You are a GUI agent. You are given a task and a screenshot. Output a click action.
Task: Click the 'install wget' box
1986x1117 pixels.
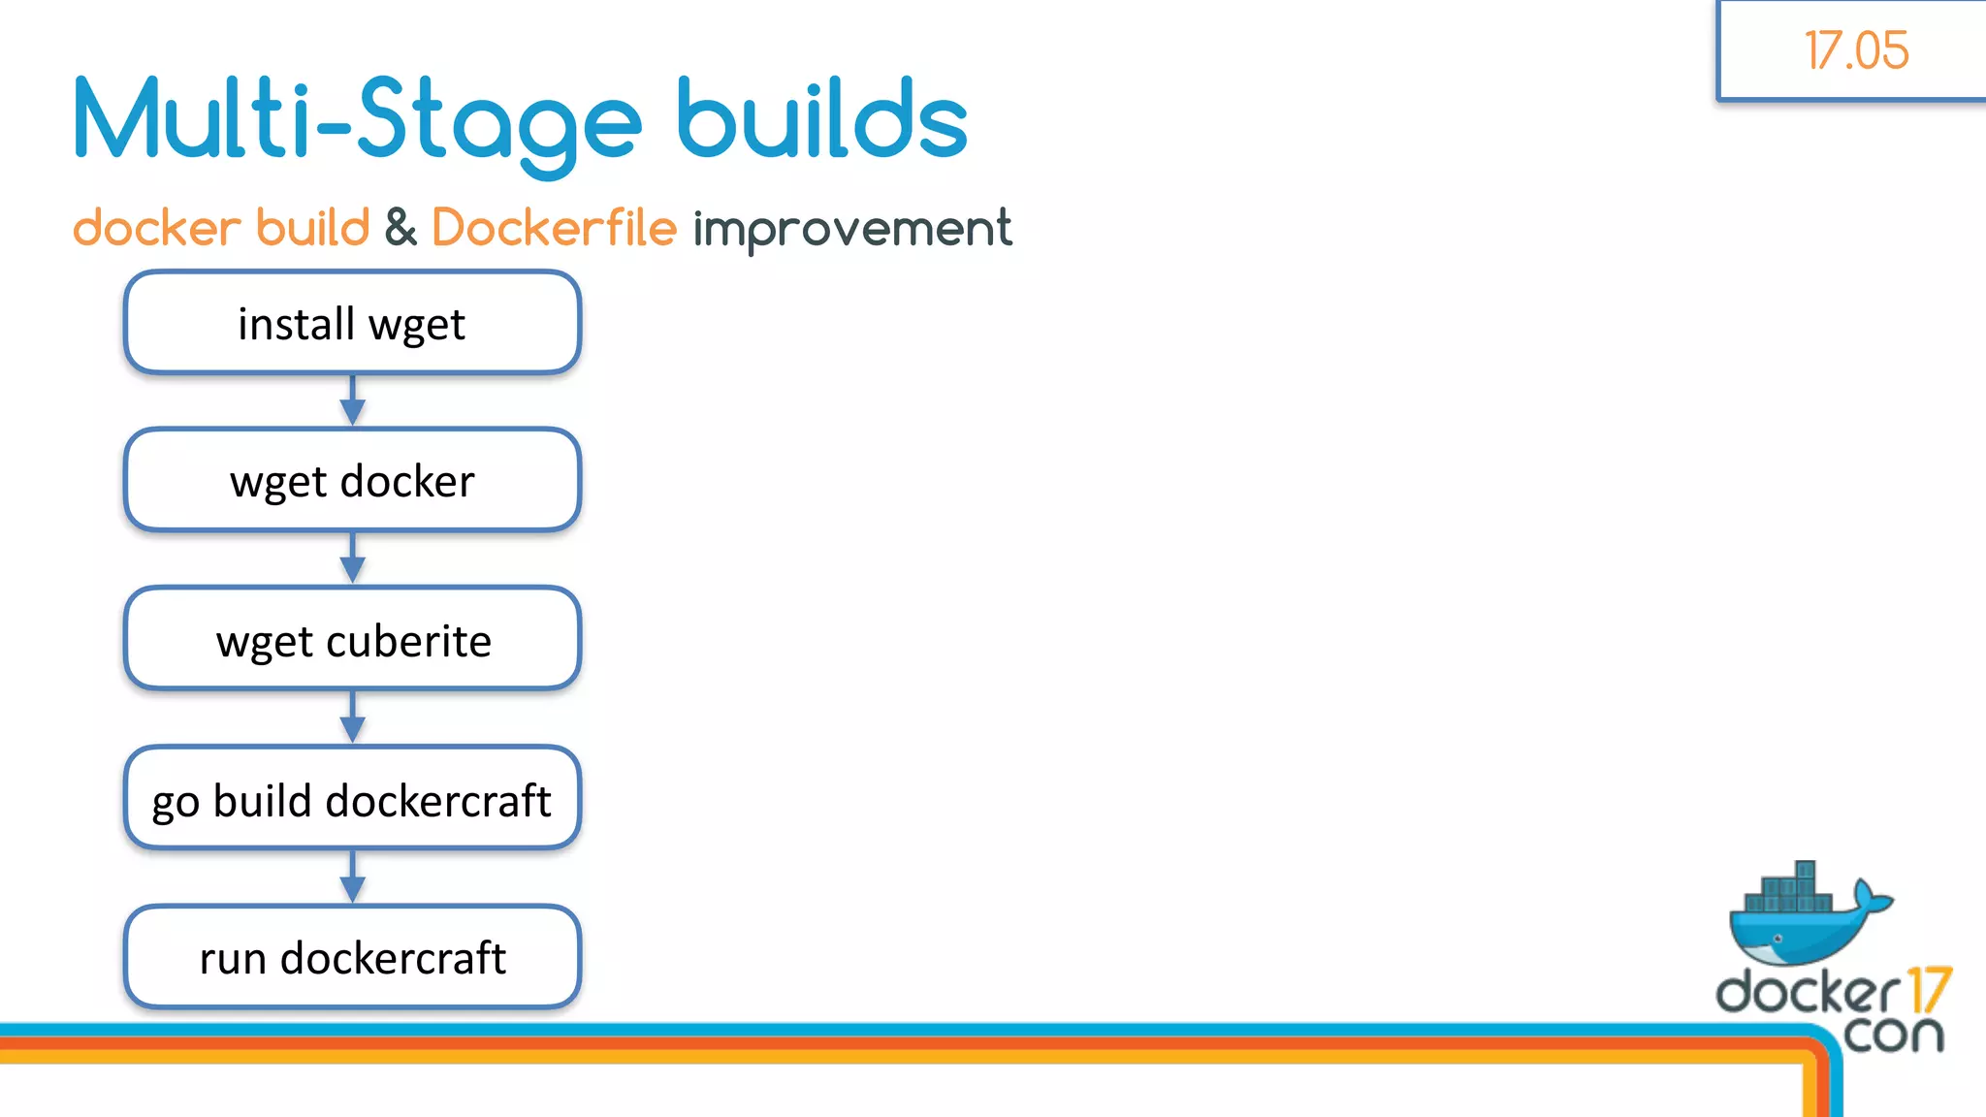pos(352,323)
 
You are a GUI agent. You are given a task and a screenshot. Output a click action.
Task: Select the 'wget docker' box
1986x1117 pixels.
pos(352,481)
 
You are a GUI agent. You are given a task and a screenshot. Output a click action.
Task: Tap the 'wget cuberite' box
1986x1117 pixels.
pos(352,640)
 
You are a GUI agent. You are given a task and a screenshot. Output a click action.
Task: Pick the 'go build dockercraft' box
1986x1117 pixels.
pos(352,800)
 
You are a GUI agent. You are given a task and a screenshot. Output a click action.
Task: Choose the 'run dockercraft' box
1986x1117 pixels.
pos(352,958)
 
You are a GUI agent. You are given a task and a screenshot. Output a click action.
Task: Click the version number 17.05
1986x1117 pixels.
pos(1856,50)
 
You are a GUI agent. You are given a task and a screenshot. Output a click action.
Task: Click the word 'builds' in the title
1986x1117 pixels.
pos(822,121)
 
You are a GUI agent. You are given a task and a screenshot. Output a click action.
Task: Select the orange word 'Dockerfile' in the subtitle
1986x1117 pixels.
pos(554,229)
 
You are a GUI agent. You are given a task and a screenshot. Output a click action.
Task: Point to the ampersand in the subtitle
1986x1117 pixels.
pos(400,229)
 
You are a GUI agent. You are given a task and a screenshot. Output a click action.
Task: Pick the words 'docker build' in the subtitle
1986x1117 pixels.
pos(221,229)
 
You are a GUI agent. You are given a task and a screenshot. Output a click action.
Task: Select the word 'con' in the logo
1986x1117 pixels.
pos(1893,1034)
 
